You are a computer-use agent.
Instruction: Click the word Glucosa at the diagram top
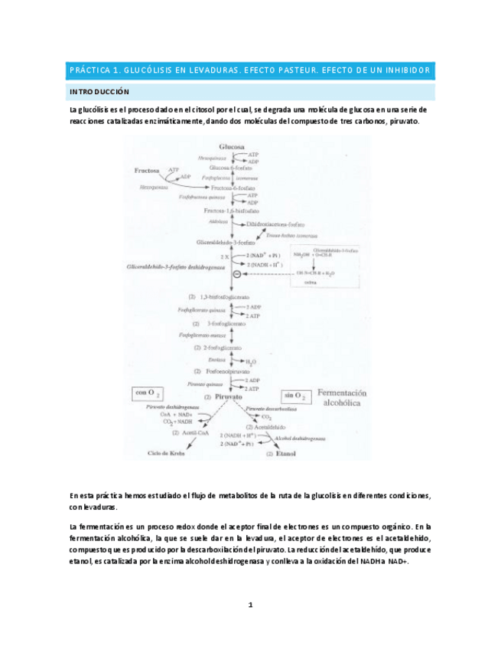click(231, 145)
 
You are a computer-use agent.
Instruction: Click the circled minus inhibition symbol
click(237, 274)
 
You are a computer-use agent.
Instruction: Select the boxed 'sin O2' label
click(296, 396)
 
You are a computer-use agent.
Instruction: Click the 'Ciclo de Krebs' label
click(168, 453)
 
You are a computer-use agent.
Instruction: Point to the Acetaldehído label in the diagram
click(282, 426)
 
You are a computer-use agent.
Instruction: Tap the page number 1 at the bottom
click(250, 605)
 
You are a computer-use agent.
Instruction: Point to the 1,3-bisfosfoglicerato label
click(227, 296)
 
